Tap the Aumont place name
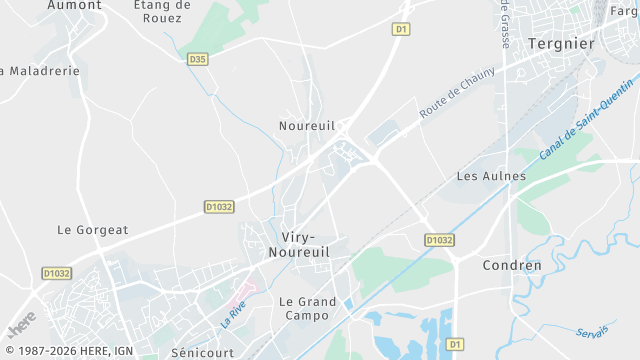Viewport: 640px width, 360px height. (75, 5)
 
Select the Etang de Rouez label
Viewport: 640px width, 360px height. (162, 11)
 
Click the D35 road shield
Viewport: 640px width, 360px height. (198, 60)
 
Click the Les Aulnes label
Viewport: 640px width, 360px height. (490, 176)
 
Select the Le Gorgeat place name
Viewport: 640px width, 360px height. (93, 230)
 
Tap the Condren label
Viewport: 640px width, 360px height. (512, 265)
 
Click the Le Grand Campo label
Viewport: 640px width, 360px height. (308, 309)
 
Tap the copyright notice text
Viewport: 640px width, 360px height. (67, 350)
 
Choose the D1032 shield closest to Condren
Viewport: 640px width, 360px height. (438, 240)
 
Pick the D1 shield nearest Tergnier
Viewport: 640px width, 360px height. (401, 29)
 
